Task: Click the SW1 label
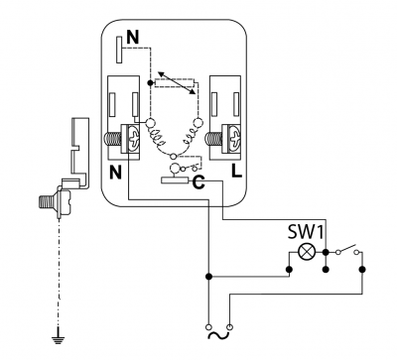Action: click(305, 232)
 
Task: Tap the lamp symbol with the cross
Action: click(307, 252)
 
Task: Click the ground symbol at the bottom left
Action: click(59, 338)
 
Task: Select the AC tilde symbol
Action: click(218, 336)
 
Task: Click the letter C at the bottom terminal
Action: click(198, 181)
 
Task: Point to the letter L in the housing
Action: click(237, 172)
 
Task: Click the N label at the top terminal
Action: click(133, 38)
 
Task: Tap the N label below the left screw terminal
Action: click(115, 173)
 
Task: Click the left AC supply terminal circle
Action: click(208, 327)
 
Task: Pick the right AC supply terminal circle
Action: click(230, 327)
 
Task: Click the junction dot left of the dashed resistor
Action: click(150, 82)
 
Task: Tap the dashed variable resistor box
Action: click(175, 83)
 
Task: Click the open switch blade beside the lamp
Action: click(347, 249)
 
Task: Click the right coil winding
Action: click(192, 136)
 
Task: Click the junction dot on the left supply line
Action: click(208, 276)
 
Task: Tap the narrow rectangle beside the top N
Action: click(119, 50)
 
